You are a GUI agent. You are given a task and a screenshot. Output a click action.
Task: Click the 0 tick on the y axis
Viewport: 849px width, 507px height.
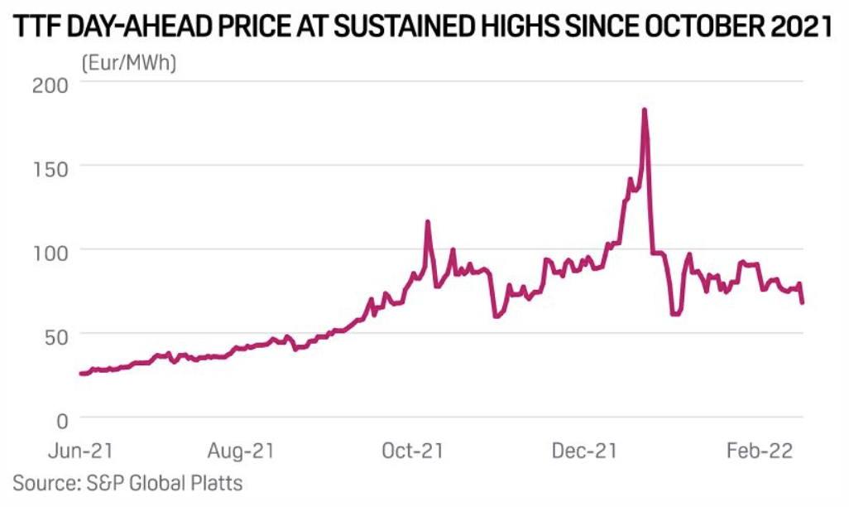(62, 419)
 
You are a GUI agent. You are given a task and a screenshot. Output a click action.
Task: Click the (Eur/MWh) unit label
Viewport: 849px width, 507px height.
(128, 62)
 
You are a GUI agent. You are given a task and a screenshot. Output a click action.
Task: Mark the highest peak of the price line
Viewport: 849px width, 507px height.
(644, 110)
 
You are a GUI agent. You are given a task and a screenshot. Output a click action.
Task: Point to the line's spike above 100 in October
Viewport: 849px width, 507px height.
(428, 221)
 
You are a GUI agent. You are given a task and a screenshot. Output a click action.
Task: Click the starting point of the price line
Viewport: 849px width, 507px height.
(81, 374)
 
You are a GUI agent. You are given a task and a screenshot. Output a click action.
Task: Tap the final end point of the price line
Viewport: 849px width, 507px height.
(803, 302)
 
